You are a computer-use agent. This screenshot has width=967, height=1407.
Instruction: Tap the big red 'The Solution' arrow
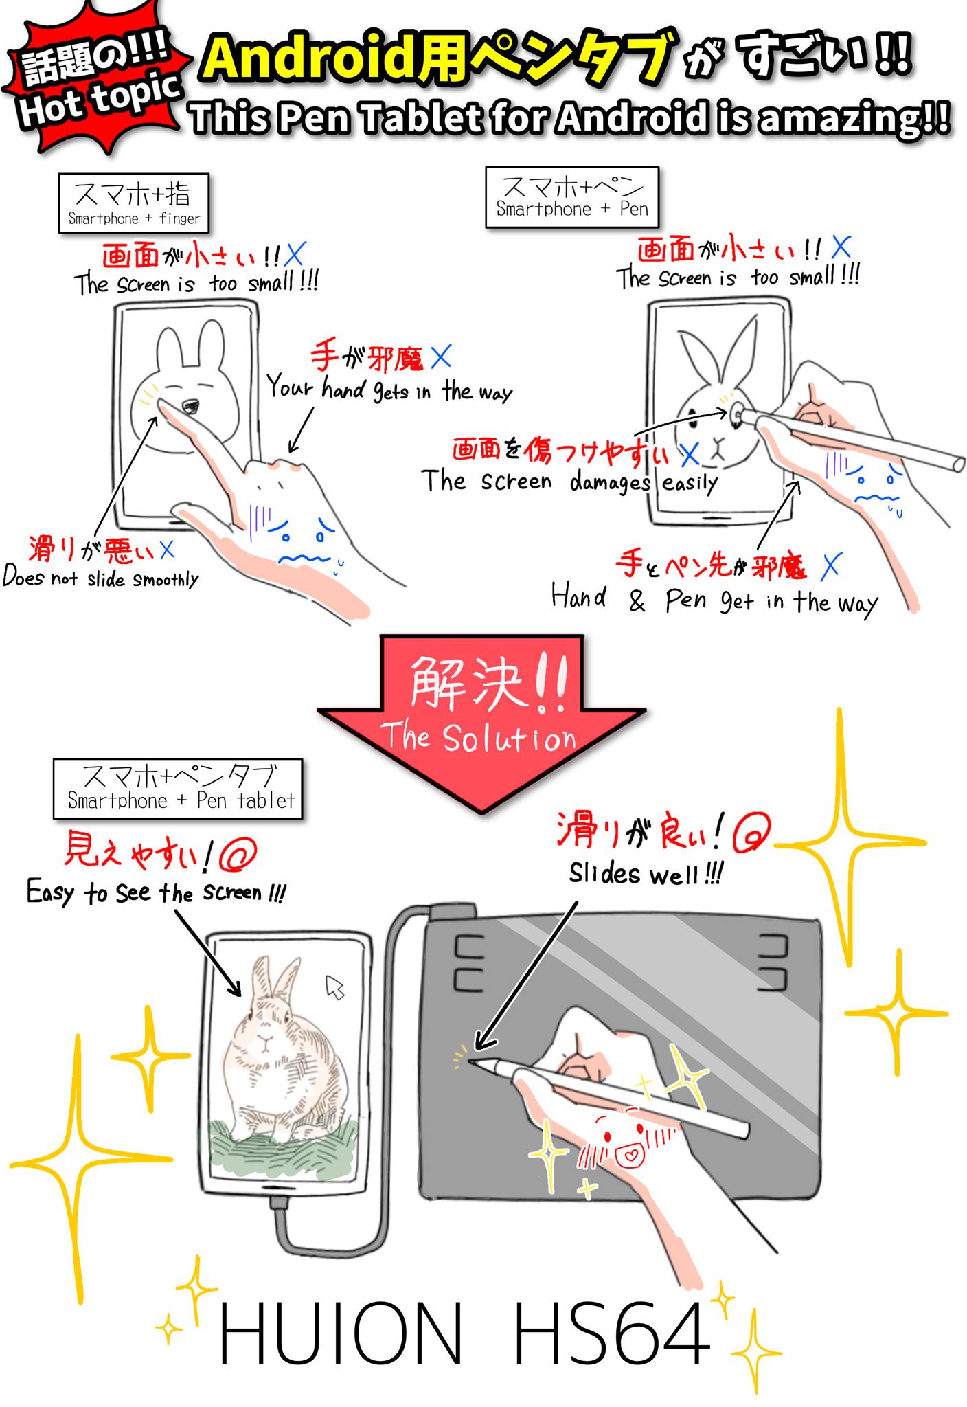pos(481,721)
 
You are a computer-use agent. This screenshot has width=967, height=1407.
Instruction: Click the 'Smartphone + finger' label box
pos(133,203)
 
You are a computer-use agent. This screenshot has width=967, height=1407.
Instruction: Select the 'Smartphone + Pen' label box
pos(571,197)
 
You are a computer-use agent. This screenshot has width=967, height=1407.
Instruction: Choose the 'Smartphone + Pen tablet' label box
pos(178,789)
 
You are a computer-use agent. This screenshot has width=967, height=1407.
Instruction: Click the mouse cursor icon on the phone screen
pos(334,987)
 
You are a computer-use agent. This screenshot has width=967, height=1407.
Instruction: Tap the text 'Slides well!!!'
pos(646,874)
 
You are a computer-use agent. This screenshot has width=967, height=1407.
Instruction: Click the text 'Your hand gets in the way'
pos(389,389)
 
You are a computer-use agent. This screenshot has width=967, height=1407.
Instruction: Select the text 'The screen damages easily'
pos(569,481)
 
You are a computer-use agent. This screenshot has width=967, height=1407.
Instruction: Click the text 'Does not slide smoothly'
pos(101,577)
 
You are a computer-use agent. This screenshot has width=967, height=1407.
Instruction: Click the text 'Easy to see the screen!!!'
pos(156,892)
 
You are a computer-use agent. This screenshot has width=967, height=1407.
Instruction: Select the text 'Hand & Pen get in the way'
pos(714,600)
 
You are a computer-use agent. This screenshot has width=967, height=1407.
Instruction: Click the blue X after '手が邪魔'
pos(441,356)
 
